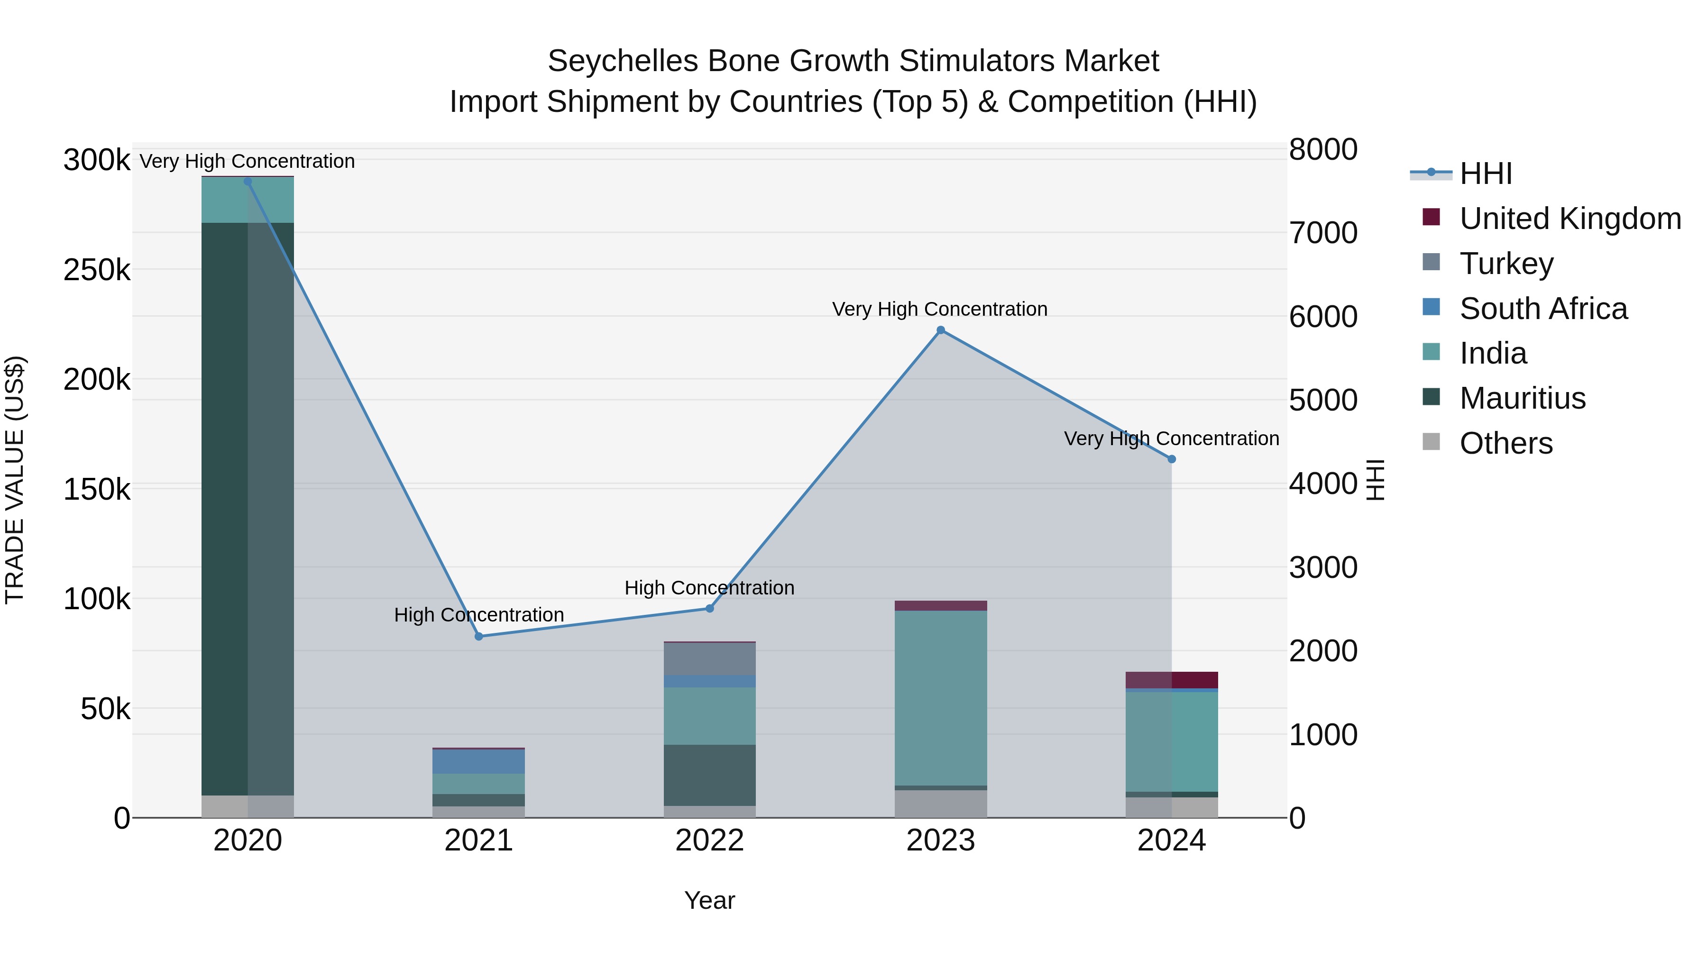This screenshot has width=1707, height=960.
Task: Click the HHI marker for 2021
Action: pos(479,636)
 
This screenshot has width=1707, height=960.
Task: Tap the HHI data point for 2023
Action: pos(940,330)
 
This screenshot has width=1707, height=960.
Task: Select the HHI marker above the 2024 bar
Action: pos(1172,459)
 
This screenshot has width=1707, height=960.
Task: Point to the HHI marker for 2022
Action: pos(710,608)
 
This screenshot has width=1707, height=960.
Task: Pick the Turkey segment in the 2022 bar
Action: pos(710,658)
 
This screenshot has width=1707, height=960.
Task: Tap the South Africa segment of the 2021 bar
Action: pos(478,761)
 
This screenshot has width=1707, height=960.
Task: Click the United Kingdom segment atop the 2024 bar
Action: pos(1172,680)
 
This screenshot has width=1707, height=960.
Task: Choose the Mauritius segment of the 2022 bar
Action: pos(710,775)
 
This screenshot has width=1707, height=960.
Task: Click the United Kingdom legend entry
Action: pos(1570,219)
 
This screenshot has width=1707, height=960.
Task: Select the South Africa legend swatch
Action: pos(1432,307)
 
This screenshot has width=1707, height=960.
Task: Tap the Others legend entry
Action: pos(1505,443)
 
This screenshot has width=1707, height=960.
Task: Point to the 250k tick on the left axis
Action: pos(97,270)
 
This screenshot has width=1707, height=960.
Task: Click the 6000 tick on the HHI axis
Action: pos(1322,317)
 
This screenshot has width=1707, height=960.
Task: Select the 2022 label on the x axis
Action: pos(710,841)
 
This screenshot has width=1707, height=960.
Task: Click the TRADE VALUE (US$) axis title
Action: pos(15,480)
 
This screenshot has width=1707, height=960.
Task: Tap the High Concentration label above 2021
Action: pos(479,615)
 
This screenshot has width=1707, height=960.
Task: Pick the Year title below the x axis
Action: pos(710,900)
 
